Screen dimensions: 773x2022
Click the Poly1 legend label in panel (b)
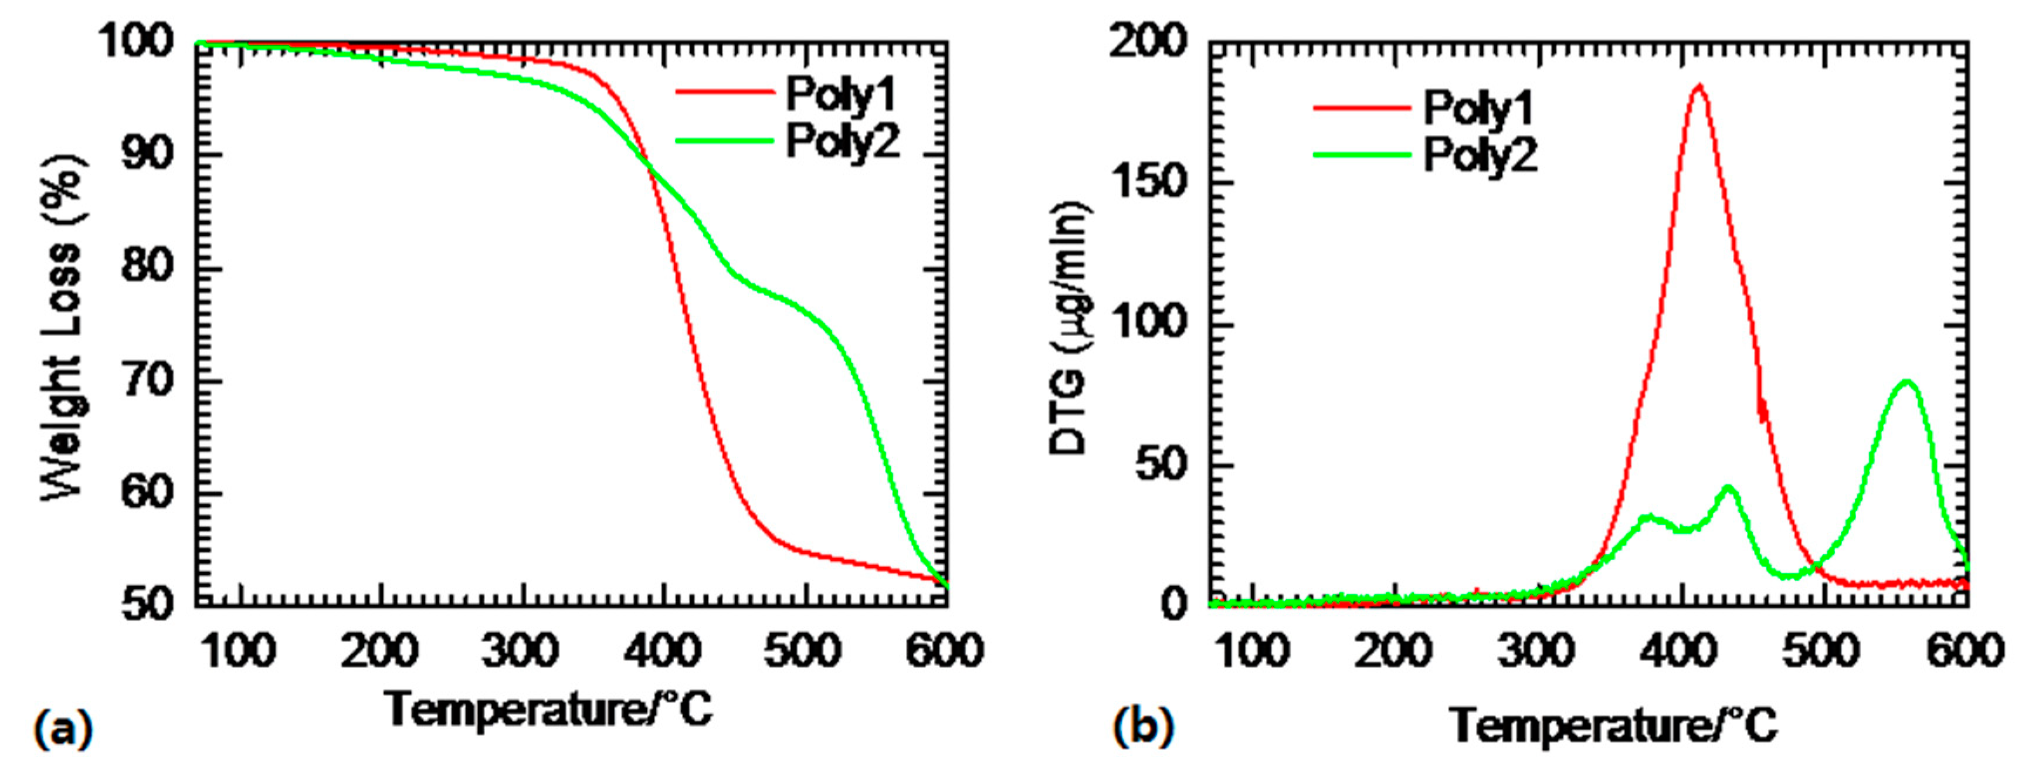coord(1477,109)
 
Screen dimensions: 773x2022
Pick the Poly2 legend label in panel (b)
coord(1479,155)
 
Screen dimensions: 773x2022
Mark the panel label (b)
coord(1143,727)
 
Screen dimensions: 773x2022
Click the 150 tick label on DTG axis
coord(1148,182)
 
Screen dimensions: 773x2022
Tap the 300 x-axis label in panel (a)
coord(520,652)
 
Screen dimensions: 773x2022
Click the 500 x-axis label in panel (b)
coord(1821,652)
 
